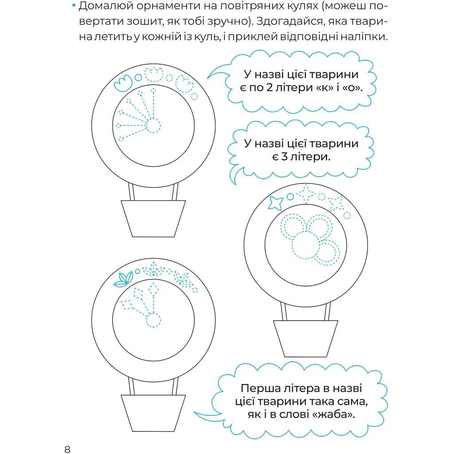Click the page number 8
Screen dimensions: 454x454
67,449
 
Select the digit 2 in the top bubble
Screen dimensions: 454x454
269,87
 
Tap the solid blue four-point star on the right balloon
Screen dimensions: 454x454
275,203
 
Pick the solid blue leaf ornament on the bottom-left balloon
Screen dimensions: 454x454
124,279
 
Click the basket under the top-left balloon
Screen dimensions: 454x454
153,219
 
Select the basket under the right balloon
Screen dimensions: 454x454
305,338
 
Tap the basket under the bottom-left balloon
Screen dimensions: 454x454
153,413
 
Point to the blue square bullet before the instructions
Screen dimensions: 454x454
74,5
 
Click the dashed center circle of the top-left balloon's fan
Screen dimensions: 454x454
153,125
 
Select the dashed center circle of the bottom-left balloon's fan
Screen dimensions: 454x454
153,320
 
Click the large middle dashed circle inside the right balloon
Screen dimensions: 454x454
305,245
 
